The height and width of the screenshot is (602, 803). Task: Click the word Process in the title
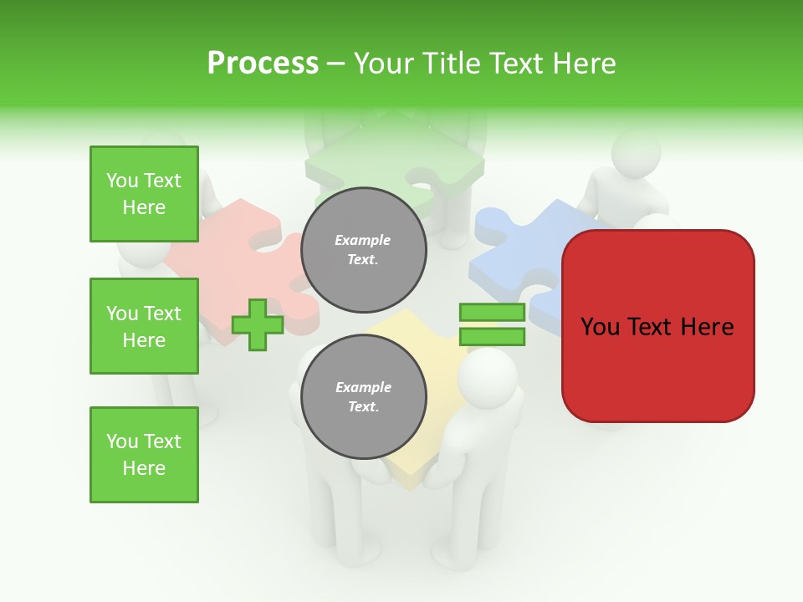[263, 64]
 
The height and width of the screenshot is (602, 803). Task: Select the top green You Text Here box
[144, 194]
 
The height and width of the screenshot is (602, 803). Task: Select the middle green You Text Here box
[144, 326]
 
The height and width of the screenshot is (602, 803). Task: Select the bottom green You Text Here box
[144, 455]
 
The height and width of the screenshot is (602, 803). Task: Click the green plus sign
[258, 325]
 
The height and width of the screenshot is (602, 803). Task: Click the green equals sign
[492, 325]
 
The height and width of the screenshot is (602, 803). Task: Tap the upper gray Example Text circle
[363, 250]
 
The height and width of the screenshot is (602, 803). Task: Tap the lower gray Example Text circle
[363, 397]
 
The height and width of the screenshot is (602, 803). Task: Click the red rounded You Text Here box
[657, 326]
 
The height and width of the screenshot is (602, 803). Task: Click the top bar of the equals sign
[492, 313]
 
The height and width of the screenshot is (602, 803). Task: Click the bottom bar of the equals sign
[492, 337]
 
